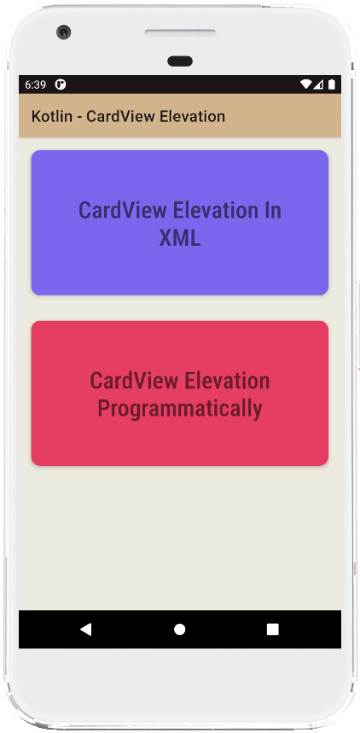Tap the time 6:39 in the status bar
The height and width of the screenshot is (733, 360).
click(x=36, y=84)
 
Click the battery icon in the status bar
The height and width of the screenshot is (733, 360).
click(x=332, y=84)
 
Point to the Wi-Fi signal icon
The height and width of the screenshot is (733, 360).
click(x=306, y=84)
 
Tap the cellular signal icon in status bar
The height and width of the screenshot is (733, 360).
click(x=318, y=84)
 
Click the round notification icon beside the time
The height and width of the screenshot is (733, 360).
click(x=61, y=84)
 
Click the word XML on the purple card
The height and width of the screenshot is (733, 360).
click(x=180, y=237)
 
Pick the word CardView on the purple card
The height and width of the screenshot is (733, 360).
click(x=123, y=210)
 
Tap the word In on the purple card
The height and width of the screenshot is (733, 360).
click(x=273, y=210)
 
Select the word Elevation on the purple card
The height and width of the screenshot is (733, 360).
click(x=216, y=210)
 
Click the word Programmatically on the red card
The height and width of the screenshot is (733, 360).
click(x=180, y=409)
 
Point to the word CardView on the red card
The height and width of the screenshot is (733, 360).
click(x=134, y=381)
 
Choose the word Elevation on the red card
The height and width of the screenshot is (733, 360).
click(x=227, y=381)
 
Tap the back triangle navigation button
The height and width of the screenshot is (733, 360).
click(x=85, y=629)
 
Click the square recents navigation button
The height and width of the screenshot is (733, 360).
click(x=273, y=629)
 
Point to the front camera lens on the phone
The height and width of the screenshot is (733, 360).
click(x=64, y=32)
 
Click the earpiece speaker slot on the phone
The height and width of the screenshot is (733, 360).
click(x=181, y=32)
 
